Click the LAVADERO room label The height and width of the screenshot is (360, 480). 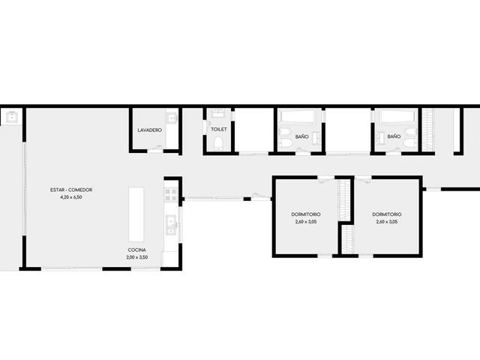[x=150, y=130]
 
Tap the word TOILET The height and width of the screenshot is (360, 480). [x=219, y=130]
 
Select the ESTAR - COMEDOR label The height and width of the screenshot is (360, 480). [x=71, y=190]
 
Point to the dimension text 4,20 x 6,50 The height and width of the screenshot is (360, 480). [x=71, y=197]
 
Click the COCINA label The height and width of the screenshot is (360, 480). [x=136, y=250]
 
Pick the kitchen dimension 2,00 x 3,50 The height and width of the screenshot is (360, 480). [x=136, y=257]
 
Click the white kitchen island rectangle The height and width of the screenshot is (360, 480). [x=136, y=214]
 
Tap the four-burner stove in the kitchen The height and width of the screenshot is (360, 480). [x=171, y=195]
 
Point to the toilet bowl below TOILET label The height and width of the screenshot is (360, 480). [x=218, y=143]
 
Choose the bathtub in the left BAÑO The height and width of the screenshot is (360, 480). [x=299, y=117]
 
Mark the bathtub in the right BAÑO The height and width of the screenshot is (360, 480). [x=396, y=117]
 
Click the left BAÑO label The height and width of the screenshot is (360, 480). [x=301, y=136]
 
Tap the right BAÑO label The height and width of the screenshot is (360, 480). [x=394, y=136]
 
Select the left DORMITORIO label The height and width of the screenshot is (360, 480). [x=306, y=214]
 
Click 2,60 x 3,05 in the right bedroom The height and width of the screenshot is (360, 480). [x=387, y=222]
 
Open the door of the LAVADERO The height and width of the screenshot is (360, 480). [x=155, y=149]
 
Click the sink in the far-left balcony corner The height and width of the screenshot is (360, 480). [x=12, y=118]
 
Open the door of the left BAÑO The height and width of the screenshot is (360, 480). [x=303, y=150]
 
